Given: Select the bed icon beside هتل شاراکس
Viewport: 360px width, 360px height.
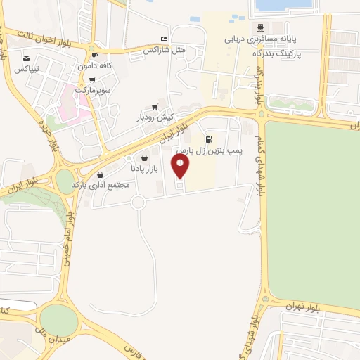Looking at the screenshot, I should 164,39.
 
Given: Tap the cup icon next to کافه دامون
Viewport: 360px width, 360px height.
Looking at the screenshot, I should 94,54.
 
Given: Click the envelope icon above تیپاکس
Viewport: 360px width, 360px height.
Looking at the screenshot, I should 27,58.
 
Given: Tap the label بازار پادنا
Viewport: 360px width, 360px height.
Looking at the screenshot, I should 146,169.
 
